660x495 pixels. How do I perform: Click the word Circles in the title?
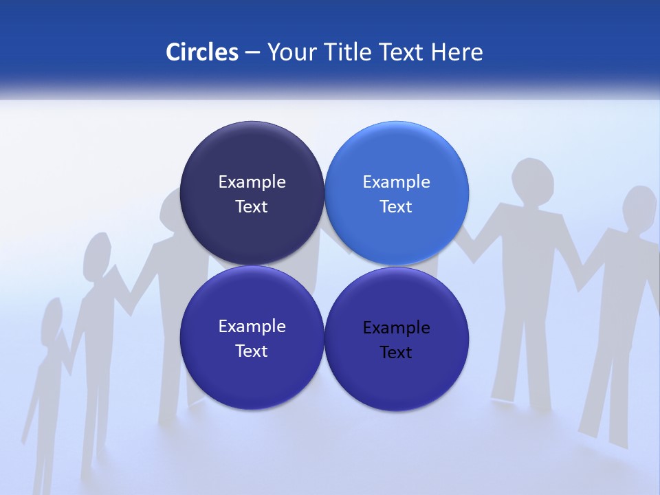[201, 52]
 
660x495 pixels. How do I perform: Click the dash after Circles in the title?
[252, 53]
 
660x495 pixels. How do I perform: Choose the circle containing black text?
[396, 338]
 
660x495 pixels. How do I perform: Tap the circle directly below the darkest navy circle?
[252, 338]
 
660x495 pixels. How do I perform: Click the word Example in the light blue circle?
[396, 182]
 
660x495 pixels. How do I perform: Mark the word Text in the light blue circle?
[396, 207]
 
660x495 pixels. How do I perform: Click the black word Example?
[396, 328]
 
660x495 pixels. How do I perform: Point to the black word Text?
[396, 353]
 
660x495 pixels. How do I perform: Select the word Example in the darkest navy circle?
[252, 182]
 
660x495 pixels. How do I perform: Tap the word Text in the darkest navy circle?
[252, 207]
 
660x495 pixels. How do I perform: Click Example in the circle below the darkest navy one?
[252, 327]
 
